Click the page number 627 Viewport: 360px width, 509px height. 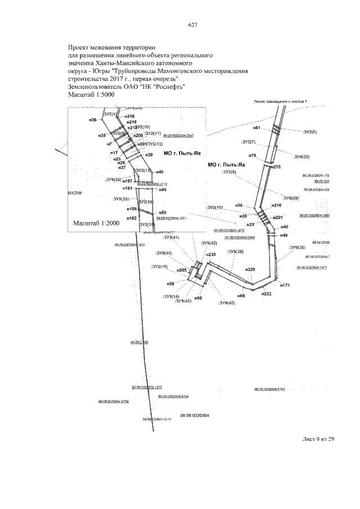[x=192, y=25]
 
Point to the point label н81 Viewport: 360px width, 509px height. [x=256, y=128]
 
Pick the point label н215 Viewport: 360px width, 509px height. [x=276, y=168]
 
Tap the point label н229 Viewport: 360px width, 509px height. [x=250, y=270]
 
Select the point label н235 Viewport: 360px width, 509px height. [x=211, y=255]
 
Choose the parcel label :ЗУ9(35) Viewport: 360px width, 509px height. [x=297, y=247]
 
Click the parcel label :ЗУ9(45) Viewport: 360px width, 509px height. [x=227, y=303]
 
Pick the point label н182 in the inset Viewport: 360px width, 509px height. [x=132, y=218]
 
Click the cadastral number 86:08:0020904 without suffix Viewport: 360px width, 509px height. [x=194, y=415]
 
